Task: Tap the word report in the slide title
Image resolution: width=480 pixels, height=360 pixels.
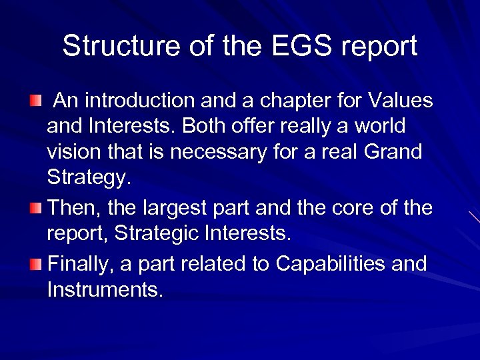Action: tap(379, 46)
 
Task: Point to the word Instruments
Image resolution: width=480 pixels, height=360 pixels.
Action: tap(105, 291)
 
